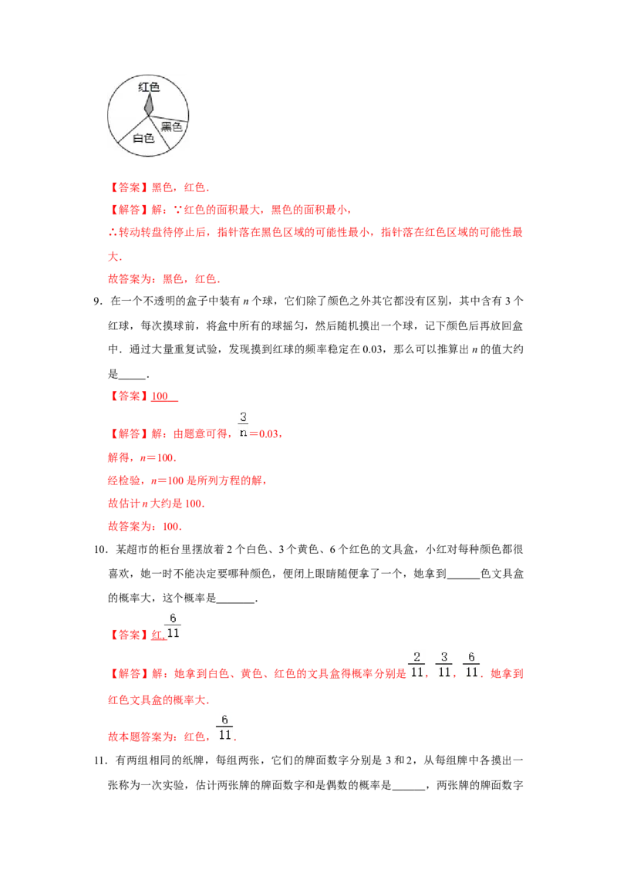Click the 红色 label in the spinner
click(149, 87)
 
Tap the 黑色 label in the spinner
click(171, 126)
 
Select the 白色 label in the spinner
click(143, 138)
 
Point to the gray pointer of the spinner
click(149, 105)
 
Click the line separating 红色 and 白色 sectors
click(131, 133)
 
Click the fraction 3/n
click(243, 423)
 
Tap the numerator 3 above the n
click(243, 416)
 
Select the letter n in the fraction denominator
click(243, 432)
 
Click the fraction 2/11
click(417, 663)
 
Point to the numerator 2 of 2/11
click(417, 656)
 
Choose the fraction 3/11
click(443, 663)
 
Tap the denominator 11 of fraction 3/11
click(443, 671)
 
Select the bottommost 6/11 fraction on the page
click(224, 726)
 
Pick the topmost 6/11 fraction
click(173, 625)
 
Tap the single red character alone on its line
click(113, 256)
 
